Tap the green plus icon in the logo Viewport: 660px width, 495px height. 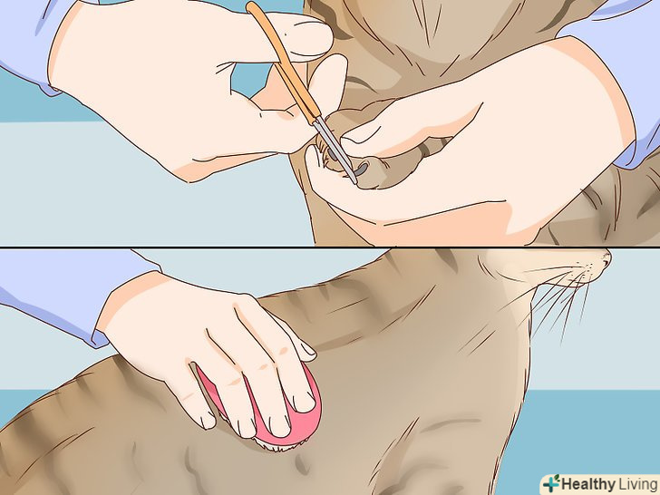(x=551, y=483)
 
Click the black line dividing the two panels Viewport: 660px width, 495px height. (x=330, y=247)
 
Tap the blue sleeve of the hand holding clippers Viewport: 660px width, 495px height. (x=25, y=38)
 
